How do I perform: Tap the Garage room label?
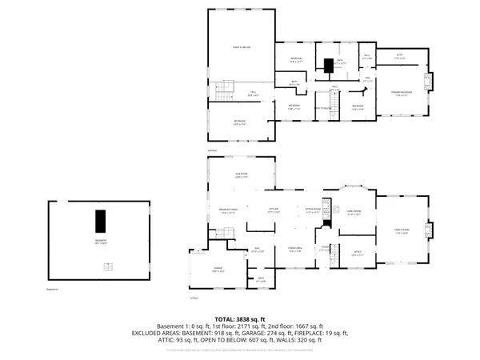(218, 270)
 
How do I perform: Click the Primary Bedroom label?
(402, 91)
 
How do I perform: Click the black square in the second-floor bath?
(328, 64)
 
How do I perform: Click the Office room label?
(358, 254)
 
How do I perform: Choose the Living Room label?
(354, 213)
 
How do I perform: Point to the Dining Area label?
(294, 250)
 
